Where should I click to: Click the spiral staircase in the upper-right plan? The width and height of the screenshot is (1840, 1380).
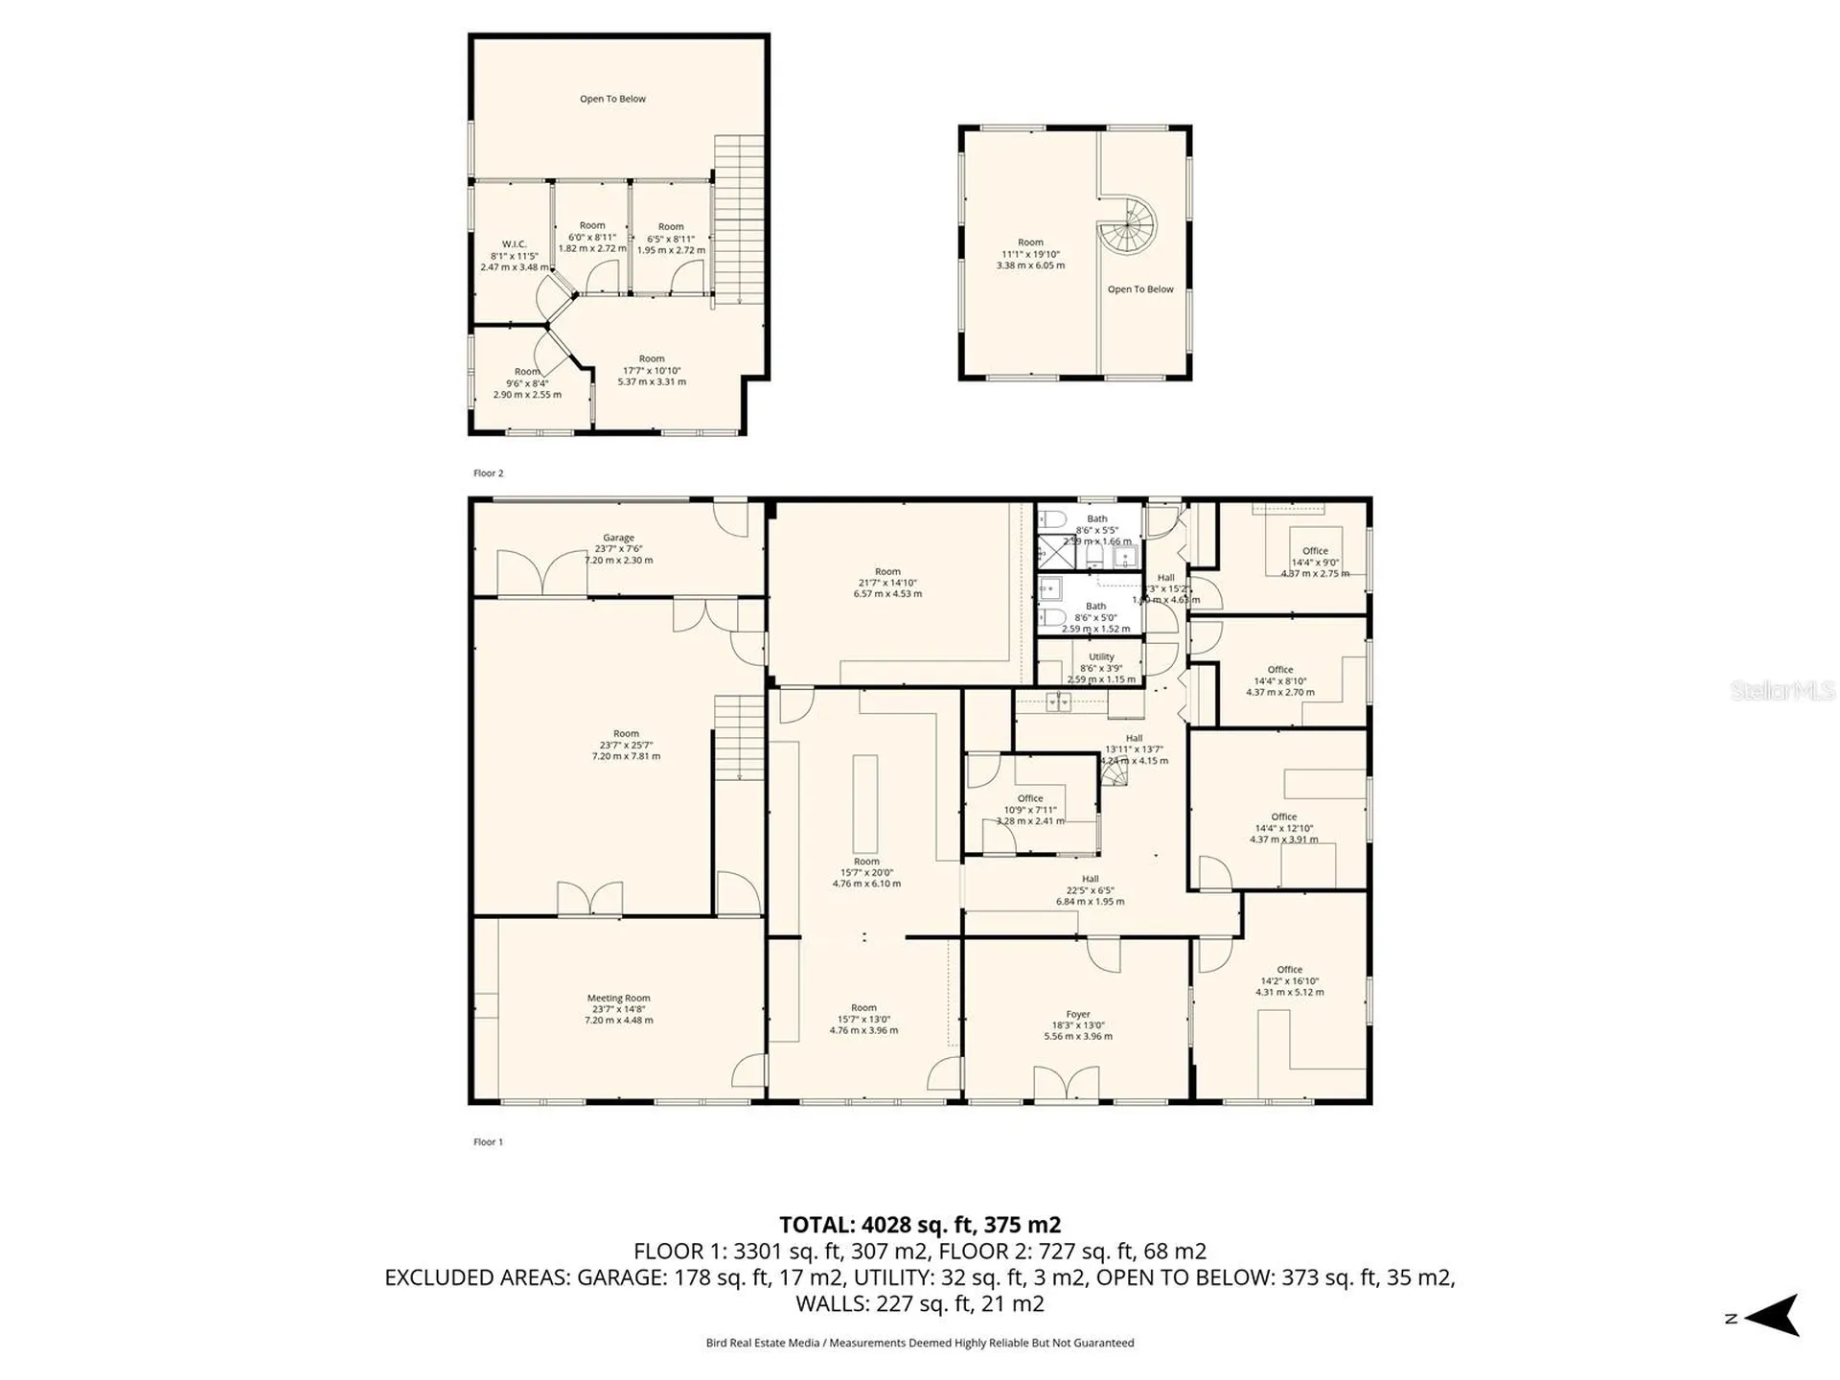tap(1128, 226)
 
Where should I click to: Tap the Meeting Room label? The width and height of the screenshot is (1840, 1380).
tap(618, 999)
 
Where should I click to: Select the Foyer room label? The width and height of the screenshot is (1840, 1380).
tap(1078, 1014)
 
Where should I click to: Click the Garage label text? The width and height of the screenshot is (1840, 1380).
tap(618, 538)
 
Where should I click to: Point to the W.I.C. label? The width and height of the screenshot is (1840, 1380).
tap(515, 244)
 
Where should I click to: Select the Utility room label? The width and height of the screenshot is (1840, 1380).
tap(1101, 657)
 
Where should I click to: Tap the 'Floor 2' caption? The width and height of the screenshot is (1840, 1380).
tap(488, 473)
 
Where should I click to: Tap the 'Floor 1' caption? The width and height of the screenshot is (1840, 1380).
tap(488, 1142)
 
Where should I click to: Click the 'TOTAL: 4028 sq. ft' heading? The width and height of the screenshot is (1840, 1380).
tap(919, 1225)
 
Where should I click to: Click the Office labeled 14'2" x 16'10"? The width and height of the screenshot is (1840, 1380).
tap(1289, 980)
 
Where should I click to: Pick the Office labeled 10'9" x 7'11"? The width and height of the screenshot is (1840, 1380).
tap(1030, 809)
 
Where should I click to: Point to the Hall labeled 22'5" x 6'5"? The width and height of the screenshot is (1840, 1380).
tap(1091, 889)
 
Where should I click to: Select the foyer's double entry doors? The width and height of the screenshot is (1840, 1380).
tap(1067, 1084)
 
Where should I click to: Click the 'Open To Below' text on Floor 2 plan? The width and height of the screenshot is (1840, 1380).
tap(612, 99)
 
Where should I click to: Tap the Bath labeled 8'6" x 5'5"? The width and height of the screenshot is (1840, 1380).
tap(1097, 529)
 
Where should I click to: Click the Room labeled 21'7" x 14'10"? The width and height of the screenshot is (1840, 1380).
tap(887, 583)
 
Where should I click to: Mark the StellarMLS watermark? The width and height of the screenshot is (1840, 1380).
tap(1782, 690)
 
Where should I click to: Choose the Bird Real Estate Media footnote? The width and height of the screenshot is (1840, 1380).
tap(919, 1343)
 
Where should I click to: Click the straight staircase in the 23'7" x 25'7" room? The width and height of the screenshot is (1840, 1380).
tap(739, 738)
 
